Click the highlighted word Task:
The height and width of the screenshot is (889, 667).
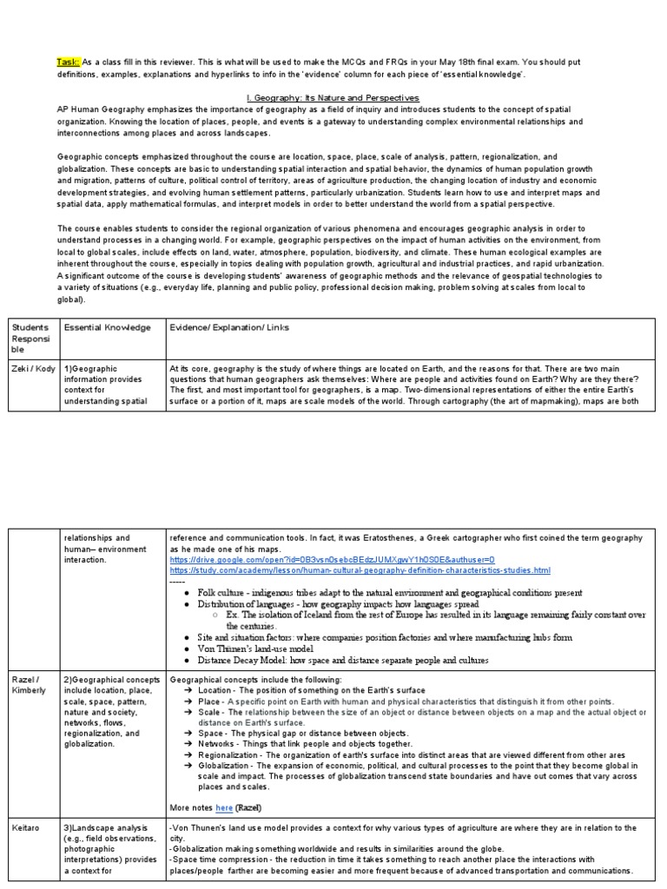click(69, 63)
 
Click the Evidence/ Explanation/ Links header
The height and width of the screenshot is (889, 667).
click(230, 327)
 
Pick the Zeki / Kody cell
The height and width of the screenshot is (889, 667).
click(33, 368)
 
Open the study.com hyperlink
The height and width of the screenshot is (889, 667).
click(360, 570)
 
